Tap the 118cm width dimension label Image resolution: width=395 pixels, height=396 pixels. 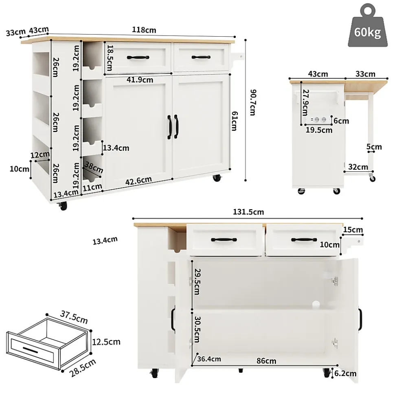(144, 30)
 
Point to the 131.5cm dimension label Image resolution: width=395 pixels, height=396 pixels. (248, 212)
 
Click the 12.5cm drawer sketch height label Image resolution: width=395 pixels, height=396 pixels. (106, 341)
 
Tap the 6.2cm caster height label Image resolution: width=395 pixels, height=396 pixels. (345, 373)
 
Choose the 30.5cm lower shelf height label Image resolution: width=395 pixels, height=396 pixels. (197, 330)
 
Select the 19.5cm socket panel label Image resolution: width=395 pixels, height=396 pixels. (319, 130)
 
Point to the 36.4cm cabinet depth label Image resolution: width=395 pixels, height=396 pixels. (209, 359)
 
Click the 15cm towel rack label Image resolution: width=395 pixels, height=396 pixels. (353, 230)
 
